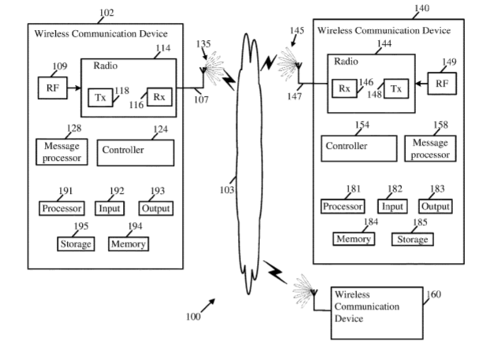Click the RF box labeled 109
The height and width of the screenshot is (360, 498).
[x=52, y=87]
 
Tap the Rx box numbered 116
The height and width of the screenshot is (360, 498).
[x=158, y=98]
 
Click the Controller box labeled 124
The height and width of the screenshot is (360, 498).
[x=136, y=150]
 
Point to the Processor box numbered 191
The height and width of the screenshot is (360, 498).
[x=61, y=209]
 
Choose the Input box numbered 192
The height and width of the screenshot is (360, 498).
[x=110, y=209]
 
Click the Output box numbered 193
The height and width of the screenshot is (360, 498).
[x=155, y=209]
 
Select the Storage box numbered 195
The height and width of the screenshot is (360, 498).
[x=75, y=244]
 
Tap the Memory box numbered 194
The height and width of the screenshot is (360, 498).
[x=128, y=244]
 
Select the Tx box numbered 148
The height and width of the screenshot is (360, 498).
[x=396, y=89]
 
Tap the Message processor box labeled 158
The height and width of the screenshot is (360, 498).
[x=430, y=148]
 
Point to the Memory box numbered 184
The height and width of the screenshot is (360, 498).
[x=354, y=239]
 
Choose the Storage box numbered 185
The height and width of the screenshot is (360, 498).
[x=411, y=239]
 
